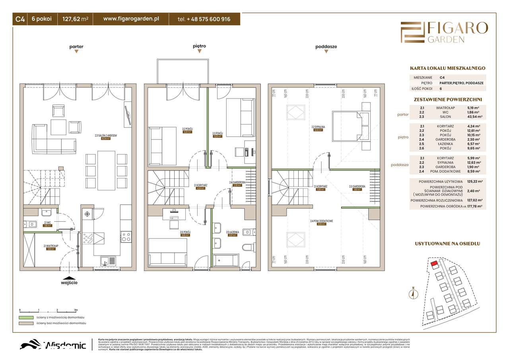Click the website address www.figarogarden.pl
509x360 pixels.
point(131,19)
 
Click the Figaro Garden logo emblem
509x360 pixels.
point(412,32)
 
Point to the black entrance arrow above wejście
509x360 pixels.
point(69,279)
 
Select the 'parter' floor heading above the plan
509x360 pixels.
point(76,46)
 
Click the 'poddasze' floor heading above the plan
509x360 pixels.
point(326,46)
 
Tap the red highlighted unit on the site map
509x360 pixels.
point(434,262)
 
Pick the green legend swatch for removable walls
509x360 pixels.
point(26,318)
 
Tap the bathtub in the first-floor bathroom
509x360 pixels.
point(225,261)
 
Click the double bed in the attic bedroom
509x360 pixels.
point(347,126)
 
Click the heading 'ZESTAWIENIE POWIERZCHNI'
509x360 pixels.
point(448,99)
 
